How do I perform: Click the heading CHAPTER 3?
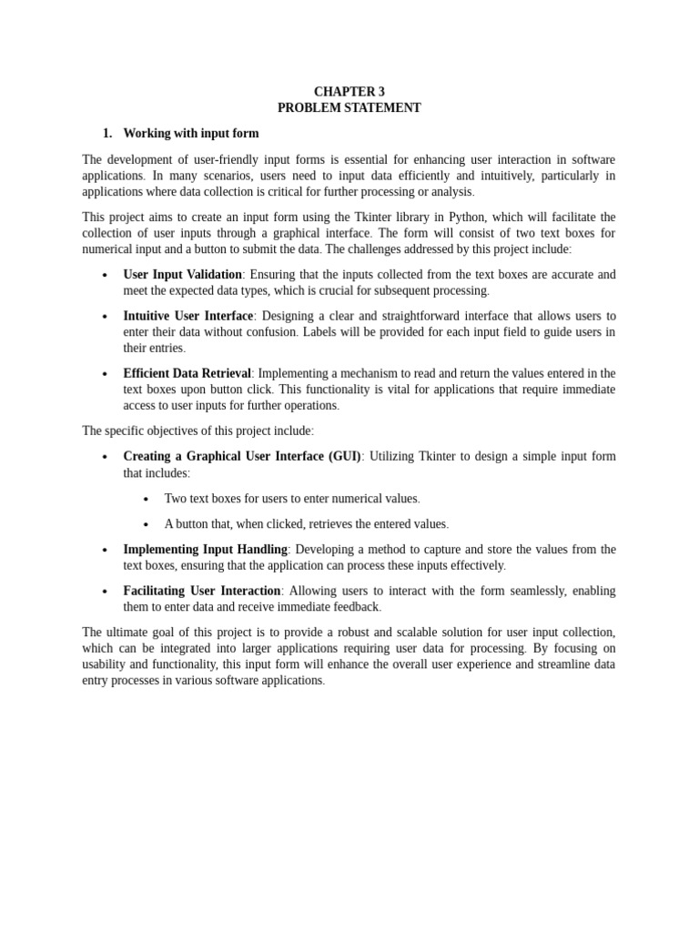pyautogui.click(x=349, y=92)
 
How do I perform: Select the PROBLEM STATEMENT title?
pyautogui.click(x=349, y=108)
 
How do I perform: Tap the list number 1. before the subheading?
pyautogui.click(x=107, y=134)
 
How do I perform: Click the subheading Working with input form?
pyautogui.click(x=191, y=134)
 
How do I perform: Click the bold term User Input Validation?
pyautogui.click(x=182, y=275)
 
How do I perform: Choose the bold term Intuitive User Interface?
pyautogui.click(x=187, y=316)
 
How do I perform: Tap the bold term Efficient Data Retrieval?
pyautogui.click(x=187, y=374)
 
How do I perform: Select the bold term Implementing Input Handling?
pyautogui.click(x=205, y=550)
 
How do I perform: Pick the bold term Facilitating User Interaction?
pyautogui.click(x=201, y=591)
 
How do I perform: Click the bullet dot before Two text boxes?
pyautogui.click(x=146, y=500)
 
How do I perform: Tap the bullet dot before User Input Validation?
pyautogui.click(x=105, y=276)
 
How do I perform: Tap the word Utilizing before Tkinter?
pyautogui.click(x=393, y=457)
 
